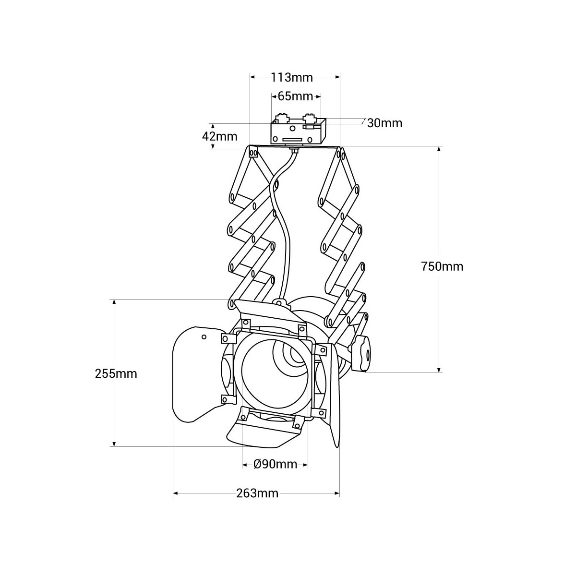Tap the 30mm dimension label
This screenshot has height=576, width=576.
[x=384, y=123]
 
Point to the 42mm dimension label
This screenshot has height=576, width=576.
[x=220, y=136]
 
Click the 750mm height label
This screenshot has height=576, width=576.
[x=442, y=266]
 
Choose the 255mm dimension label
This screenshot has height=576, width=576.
[x=116, y=373]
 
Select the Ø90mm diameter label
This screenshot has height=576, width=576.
[x=276, y=464]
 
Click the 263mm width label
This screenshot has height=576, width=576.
[x=257, y=493]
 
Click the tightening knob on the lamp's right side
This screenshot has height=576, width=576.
[x=362, y=354]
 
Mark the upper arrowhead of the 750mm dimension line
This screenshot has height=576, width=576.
[x=439, y=150]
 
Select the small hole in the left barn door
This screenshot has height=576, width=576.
[x=204, y=337]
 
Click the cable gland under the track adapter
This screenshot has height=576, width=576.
[x=294, y=151]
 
